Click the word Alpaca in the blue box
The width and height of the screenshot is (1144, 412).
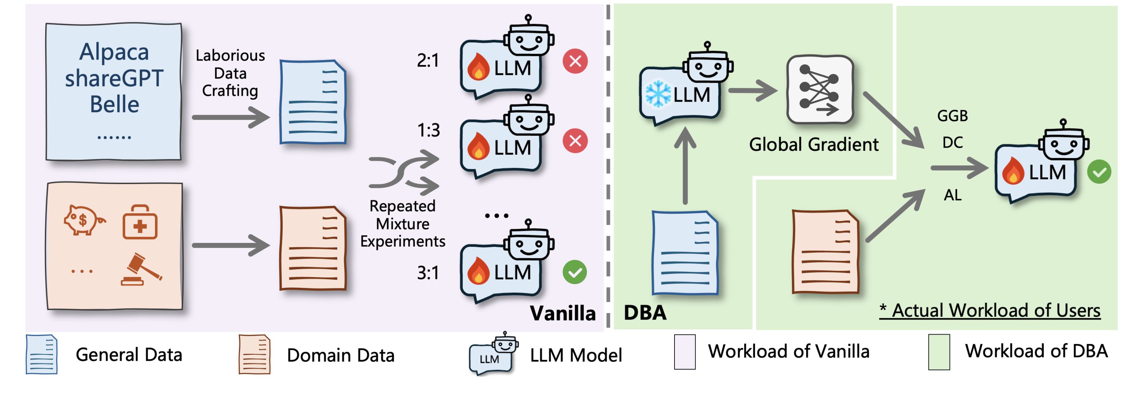pyautogui.click(x=114, y=52)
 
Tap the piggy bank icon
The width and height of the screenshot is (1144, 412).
pyautogui.click(x=84, y=220)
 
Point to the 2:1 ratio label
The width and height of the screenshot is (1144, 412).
pyautogui.click(x=428, y=60)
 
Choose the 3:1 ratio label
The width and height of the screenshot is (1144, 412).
pyautogui.click(x=428, y=272)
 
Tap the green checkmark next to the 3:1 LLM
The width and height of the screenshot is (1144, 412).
pyautogui.click(x=575, y=272)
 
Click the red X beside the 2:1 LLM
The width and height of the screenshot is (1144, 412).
pyautogui.click(x=575, y=61)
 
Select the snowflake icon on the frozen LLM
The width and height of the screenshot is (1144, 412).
pyautogui.click(x=658, y=94)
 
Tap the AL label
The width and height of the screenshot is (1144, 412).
pyautogui.click(x=952, y=195)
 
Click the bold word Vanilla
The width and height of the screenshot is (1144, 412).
pyautogui.click(x=562, y=313)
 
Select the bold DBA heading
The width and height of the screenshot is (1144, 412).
pyautogui.click(x=645, y=312)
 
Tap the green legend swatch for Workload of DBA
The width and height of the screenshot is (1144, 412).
pyautogui.click(x=939, y=352)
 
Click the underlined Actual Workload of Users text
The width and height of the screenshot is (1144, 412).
pyautogui.click(x=990, y=310)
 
